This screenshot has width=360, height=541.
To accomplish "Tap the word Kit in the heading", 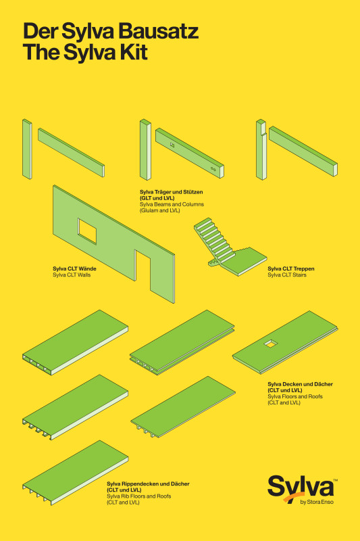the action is click(x=134, y=52).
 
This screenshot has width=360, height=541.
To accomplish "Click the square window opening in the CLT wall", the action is click(x=87, y=231).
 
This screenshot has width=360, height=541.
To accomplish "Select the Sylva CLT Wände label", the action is click(x=74, y=268).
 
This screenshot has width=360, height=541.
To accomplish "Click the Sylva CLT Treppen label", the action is click(x=290, y=268).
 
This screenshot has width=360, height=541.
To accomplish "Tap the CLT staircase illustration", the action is click(x=230, y=246).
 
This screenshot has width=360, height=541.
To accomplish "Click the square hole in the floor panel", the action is click(x=271, y=344).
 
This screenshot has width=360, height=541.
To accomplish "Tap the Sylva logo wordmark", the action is click(x=301, y=486).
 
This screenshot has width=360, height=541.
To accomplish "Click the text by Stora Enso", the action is click(x=317, y=502).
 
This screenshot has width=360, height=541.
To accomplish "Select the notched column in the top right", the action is click(x=261, y=149).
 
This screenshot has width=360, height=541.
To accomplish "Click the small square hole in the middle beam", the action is click(x=172, y=145).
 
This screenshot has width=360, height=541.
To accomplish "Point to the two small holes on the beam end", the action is click(x=213, y=168).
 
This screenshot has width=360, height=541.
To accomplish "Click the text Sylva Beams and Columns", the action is click(x=172, y=204).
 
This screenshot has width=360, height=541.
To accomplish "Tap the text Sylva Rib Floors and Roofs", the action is click(x=139, y=496).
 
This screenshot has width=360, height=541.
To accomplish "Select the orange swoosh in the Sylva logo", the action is click(x=292, y=497).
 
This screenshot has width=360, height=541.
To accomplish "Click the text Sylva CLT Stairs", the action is click(x=287, y=275).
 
